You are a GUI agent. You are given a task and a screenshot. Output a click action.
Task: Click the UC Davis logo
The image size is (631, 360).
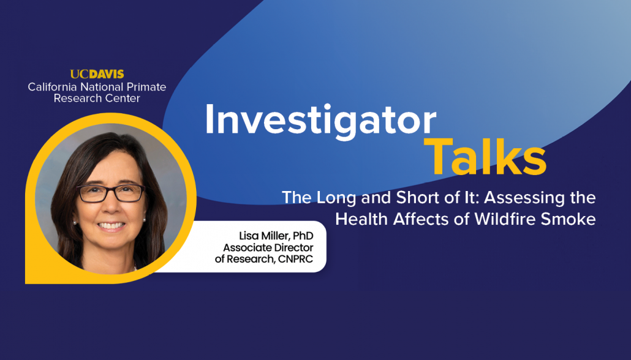[97, 74]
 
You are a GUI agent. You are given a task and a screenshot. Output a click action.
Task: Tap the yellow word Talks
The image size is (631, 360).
[485, 157]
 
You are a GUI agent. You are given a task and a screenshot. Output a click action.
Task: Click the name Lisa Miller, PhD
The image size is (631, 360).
[276, 236]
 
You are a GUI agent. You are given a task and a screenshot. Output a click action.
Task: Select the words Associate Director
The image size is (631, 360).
[268, 247]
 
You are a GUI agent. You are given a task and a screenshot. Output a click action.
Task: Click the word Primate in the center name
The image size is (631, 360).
[146, 87]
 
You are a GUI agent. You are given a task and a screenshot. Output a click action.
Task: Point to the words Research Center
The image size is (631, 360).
[97, 98]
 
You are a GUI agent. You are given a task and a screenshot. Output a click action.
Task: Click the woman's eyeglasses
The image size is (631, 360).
[111, 193]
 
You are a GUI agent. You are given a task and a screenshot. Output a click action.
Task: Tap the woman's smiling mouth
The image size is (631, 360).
[111, 225]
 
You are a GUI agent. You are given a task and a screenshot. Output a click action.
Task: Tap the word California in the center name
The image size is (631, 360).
[53, 87]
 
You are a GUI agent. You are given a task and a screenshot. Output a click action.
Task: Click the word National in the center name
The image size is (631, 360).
[102, 87]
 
